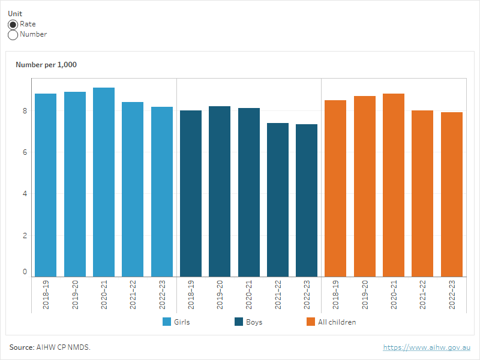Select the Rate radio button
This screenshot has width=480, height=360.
pos(13,25)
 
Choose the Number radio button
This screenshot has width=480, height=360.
pos(13,35)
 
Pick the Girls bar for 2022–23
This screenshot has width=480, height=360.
pos(162,191)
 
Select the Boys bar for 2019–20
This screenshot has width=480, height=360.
pos(220,191)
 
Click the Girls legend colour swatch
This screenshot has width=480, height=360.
pos(167,322)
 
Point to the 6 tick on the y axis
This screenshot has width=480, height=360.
pos(25,152)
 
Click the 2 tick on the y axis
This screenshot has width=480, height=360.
pos(25,235)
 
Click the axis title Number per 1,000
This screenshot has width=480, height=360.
pos(46,65)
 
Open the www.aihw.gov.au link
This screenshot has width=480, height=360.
pos(427,347)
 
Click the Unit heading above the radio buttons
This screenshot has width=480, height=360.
pos(15,13)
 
